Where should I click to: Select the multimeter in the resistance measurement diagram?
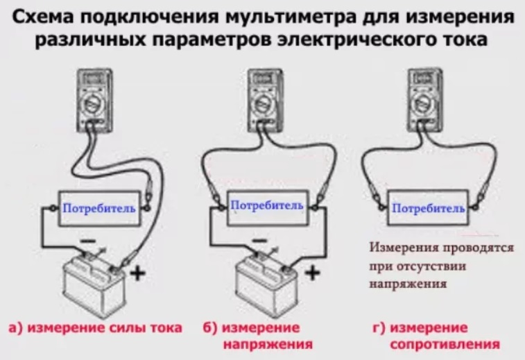(x=424, y=98)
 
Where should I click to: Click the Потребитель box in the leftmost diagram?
(x=98, y=207)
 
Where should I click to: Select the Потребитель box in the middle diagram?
(x=266, y=206)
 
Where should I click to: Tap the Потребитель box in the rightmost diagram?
(x=426, y=207)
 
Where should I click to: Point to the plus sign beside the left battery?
(x=139, y=273)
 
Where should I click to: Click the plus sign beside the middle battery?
(x=312, y=273)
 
